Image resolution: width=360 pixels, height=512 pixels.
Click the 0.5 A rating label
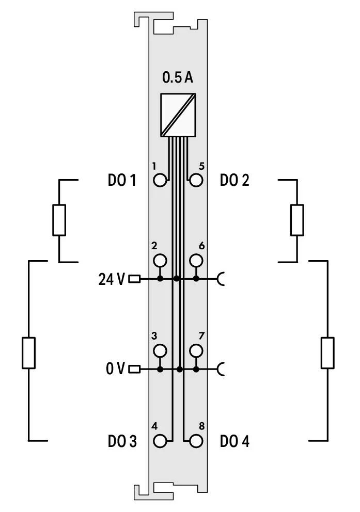[x=178, y=77]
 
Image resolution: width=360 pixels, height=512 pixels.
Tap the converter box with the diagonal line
[x=178, y=115]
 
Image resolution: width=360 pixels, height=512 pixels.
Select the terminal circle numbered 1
[x=160, y=180]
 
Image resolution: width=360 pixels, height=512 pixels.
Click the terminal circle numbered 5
[x=196, y=180]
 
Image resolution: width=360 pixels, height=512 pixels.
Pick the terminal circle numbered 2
[x=160, y=261]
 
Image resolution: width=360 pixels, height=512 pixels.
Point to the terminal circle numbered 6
[x=196, y=261]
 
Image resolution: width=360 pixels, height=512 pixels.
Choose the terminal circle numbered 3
[x=160, y=351]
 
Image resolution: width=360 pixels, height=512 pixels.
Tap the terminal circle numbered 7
[x=196, y=351]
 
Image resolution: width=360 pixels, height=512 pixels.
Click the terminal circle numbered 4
[x=160, y=441]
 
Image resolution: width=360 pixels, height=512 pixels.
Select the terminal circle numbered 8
[x=196, y=441]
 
